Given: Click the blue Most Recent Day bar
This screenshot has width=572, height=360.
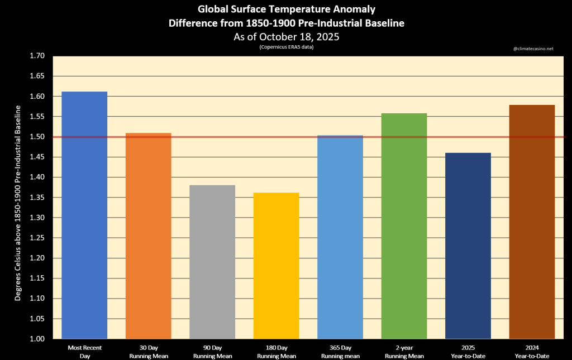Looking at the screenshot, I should (x=84, y=215).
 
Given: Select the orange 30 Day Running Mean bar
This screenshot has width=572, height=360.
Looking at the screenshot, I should (x=148, y=236).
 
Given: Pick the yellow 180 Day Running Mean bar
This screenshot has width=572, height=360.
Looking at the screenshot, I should (x=276, y=265).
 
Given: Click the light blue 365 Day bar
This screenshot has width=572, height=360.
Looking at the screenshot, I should (x=340, y=237).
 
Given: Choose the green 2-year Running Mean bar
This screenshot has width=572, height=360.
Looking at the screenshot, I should (x=404, y=225).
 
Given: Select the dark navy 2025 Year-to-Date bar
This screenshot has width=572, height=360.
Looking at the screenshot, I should (x=468, y=246).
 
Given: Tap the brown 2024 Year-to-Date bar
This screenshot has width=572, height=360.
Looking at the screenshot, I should (x=532, y=222).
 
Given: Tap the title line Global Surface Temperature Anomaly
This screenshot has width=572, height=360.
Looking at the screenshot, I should (x=286, y=9).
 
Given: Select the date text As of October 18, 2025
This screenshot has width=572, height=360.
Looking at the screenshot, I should (x=286, y=37).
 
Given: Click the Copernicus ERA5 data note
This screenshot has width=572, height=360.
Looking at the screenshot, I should (x=286, y=47).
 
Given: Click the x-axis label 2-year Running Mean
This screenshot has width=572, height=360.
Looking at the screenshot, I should (x=404, y=352).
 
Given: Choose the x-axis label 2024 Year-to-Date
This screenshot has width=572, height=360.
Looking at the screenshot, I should (x=532, y=352).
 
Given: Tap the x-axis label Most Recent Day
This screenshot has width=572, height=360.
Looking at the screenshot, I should (x=84, y=352).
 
